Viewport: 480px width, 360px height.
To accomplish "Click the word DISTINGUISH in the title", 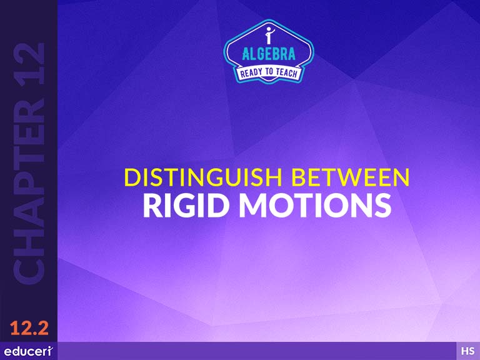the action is (203, 177).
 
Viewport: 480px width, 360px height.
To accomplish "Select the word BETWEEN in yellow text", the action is (350, 177).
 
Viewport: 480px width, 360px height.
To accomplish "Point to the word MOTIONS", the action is (315, 206).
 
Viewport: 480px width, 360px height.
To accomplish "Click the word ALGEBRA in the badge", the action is (269, 54).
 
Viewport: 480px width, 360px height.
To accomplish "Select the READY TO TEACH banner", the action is (269, 73).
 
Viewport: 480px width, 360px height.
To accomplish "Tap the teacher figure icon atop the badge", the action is (269, 35).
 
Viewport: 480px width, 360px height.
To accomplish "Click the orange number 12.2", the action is (29, 328).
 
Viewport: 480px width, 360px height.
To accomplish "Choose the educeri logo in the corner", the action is (29, 351).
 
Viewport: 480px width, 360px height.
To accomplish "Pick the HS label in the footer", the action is (468, 351).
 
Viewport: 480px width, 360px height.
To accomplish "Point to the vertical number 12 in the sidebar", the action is (29, 64).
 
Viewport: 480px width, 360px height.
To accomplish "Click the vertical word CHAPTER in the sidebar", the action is (29, 191).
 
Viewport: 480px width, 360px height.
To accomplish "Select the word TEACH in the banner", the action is (286, 73).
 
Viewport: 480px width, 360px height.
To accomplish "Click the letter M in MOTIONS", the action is (254, 206).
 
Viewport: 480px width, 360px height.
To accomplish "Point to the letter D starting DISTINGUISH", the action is (132, 177).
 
